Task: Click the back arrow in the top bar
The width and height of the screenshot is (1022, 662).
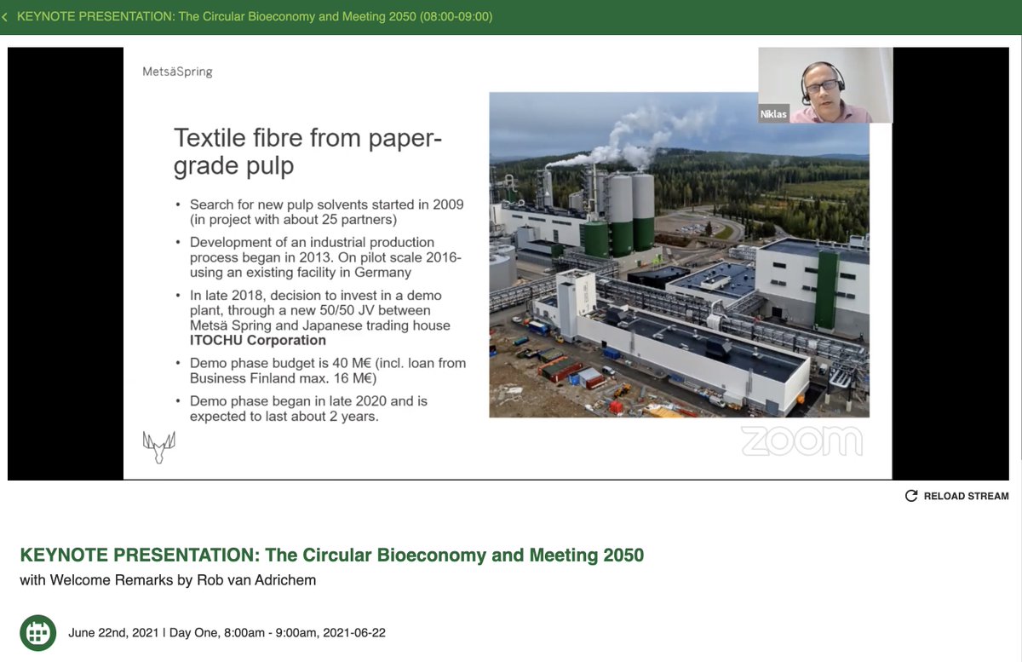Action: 5,17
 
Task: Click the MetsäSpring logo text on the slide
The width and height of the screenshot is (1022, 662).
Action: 177,72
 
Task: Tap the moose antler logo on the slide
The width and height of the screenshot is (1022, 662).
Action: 158,446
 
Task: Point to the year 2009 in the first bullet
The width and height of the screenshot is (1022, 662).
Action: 448,204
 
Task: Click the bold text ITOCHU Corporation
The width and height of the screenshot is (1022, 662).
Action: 258,340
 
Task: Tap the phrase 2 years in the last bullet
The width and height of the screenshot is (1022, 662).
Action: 357,416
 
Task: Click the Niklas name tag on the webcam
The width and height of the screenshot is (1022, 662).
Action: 773,114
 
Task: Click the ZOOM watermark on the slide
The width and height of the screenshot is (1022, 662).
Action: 801,440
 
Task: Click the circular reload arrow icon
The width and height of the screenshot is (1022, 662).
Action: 911,496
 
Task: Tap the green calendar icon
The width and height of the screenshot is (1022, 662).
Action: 38,633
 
